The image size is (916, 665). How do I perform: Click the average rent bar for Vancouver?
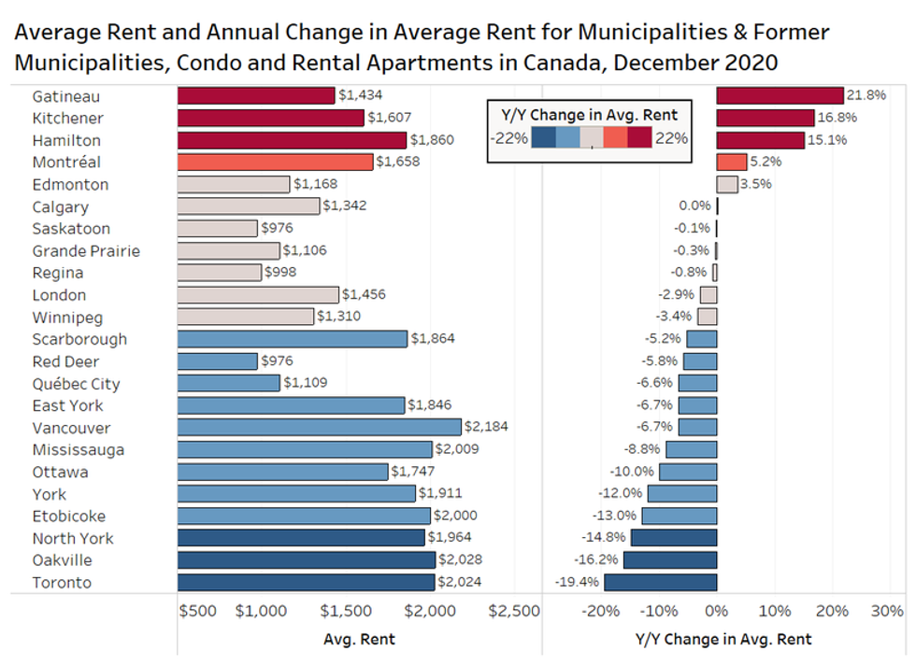319,428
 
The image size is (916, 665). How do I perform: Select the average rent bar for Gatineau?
255,95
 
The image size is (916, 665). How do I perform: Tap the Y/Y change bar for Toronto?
660,583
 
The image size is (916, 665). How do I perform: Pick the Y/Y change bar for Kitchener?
765,118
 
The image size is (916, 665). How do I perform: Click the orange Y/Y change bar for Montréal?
731,163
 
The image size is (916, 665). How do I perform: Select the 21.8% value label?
866,95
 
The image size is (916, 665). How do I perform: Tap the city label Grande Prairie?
86,250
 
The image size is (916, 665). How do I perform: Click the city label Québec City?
76,384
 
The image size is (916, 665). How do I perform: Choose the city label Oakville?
62,560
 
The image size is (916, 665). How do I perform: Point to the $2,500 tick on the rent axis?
514,611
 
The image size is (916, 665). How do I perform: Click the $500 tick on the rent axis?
197,611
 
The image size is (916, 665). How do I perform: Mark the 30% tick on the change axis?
887,611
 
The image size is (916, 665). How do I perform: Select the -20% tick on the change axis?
600,611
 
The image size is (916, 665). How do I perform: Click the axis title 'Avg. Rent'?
359,640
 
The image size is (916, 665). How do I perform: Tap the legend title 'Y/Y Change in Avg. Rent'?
589,115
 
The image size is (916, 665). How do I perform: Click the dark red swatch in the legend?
639,138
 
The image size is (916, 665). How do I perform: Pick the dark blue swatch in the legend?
543,138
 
